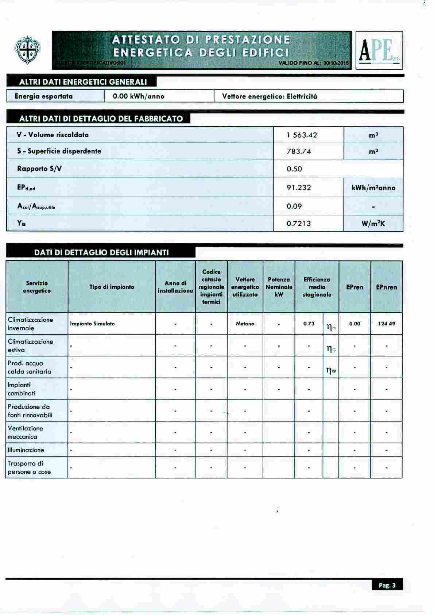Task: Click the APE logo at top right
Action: click(x=379, y=50)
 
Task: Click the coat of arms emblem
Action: click(x=27, y=50)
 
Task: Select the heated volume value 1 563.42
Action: click(x=302, y=135)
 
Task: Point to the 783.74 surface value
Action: click(x=299, y=151)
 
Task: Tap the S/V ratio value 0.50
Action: click(x=294, y=169)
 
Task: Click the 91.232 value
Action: click(x=299, y=188)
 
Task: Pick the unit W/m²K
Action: click(x=373, y=224)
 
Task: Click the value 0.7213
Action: click(x=299, y=223)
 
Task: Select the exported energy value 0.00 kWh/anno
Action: click(x=139, y=96)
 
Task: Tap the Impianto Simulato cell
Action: click(x=92, y=324)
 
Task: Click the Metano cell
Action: click(x=245, y=324)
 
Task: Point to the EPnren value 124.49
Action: click(x=387, y=324)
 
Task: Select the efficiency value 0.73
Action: click(x=309, y=324)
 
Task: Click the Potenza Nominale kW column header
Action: click(x=279, y=287)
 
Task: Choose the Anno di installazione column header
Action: click(x=175, y=287)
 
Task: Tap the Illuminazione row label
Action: click(x=26, y=450)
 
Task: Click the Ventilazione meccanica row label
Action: click(x=26, y=432)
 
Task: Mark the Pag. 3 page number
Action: click(x=387, y=585)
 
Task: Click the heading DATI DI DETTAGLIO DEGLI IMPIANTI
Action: click(x=101, y=252)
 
